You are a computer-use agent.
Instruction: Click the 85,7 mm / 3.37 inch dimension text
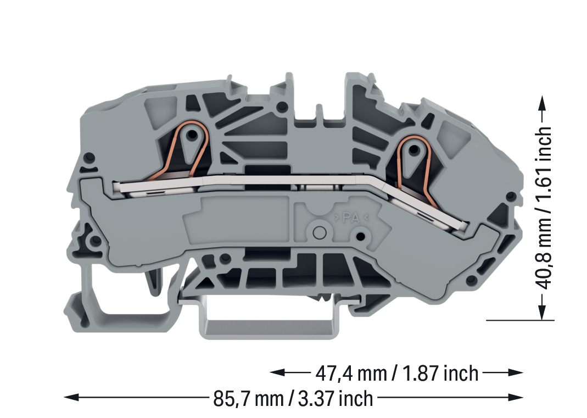(293, 399)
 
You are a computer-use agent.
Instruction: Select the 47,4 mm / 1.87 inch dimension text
(397, 374)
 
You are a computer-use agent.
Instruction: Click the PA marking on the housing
(351, 218)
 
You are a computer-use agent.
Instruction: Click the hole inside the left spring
(192, 133)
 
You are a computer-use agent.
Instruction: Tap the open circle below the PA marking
(319, 232)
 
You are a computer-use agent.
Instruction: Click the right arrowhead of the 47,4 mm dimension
(516, 372)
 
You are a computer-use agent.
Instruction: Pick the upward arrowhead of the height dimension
(542, 103)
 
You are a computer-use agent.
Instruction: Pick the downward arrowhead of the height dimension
(542, 311)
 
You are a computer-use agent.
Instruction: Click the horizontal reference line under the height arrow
(520, 320)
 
